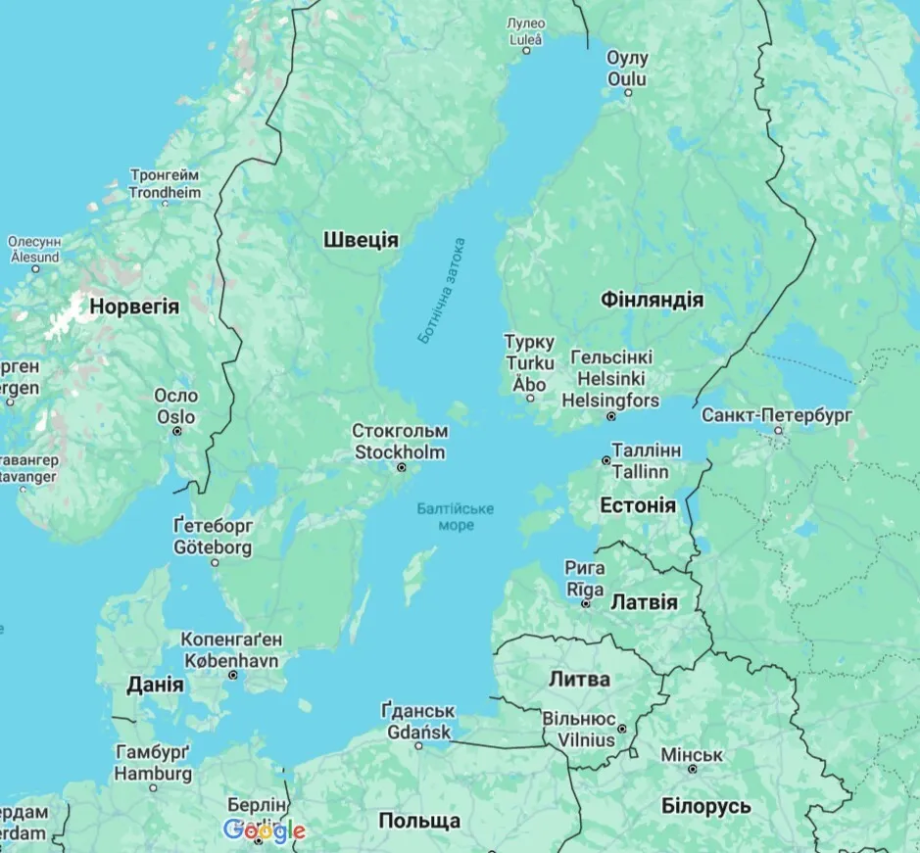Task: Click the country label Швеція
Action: point(361,240)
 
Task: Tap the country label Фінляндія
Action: point(652,299)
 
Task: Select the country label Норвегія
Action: point(134,307)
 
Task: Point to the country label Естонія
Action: point(637,505)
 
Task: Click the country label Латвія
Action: point(644,601)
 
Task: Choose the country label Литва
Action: point(579,679)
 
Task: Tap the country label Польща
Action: point(419,820)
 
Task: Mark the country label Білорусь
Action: point(706,806)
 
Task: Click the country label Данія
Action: point(155,685)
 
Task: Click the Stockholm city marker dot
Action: point(401,469)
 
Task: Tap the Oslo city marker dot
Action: point(177,431)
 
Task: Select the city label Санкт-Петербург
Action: point(777,415)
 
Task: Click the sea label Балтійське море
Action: point(456,517)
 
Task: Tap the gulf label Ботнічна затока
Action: point(442,290)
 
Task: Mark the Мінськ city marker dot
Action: point(693,770)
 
